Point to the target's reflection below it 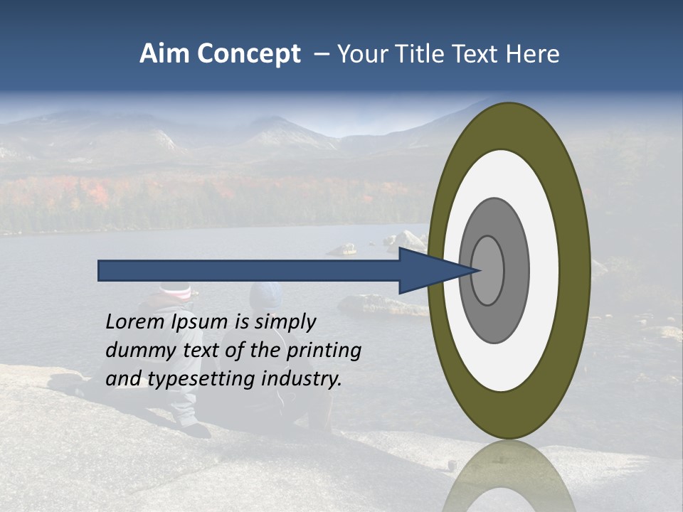tap(509, 476)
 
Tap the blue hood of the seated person tap(268, 292)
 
